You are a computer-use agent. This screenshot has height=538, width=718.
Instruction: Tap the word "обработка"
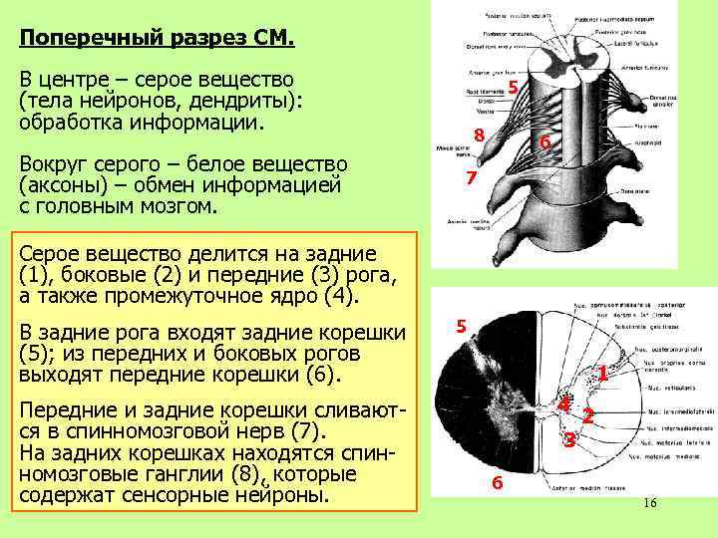point(73,123)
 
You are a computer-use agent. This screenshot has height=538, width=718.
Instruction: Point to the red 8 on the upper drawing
point(480,135)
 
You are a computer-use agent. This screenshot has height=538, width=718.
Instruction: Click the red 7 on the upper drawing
point(474,178)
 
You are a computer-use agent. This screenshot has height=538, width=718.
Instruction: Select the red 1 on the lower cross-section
point(603,374)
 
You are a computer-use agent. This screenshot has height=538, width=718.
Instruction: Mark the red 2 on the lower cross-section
point(588,416)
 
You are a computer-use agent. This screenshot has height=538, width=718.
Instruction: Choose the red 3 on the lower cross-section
point(568,439)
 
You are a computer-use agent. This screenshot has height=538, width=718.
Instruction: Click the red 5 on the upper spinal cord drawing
point(513,88)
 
